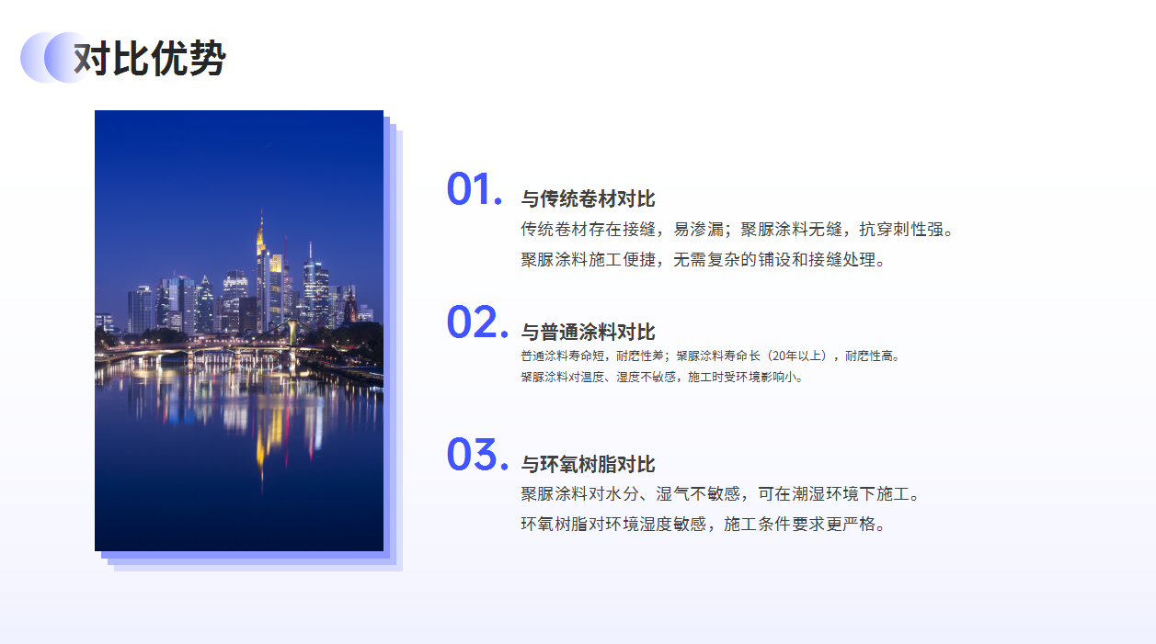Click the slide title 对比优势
click(149, 58)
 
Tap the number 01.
click(474, 189)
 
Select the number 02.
click(477, 322)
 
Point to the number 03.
click(477, 455)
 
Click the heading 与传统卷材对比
click(588, 199)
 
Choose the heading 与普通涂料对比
click(588, 332)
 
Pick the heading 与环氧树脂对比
click(588, 465)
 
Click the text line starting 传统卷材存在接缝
click(737, 230)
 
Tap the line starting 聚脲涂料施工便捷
click(703, 259)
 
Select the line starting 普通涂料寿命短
click(710, 356)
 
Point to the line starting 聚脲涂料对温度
click(661, 378)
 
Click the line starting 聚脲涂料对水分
click(720, 494)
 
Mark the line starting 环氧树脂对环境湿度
click(703, 525)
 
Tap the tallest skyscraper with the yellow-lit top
click(262, 271)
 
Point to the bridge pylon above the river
click(292, 333)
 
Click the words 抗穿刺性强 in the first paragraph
click(901, 230)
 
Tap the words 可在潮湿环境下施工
click(833, 494)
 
